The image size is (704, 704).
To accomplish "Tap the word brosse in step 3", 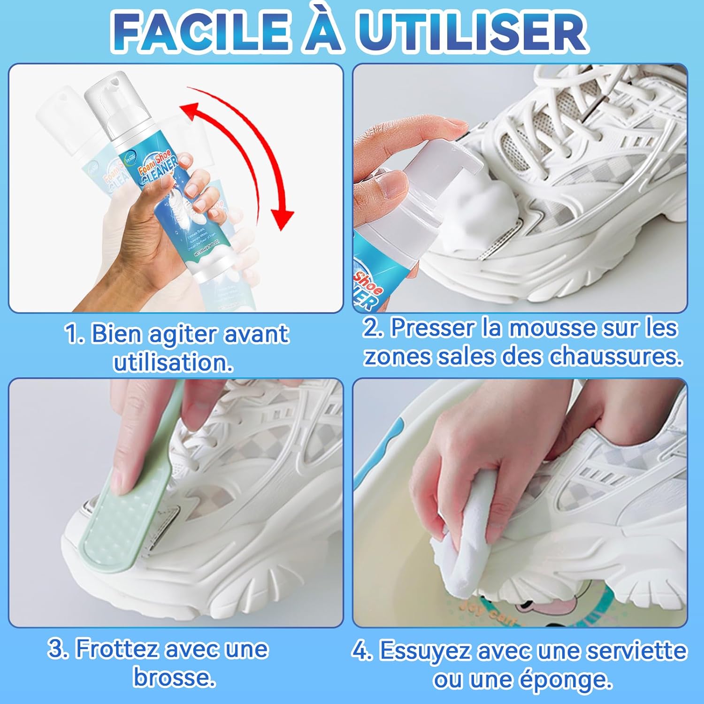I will (x=174, y=677).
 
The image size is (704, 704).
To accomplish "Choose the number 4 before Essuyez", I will (x=361, y=651).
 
